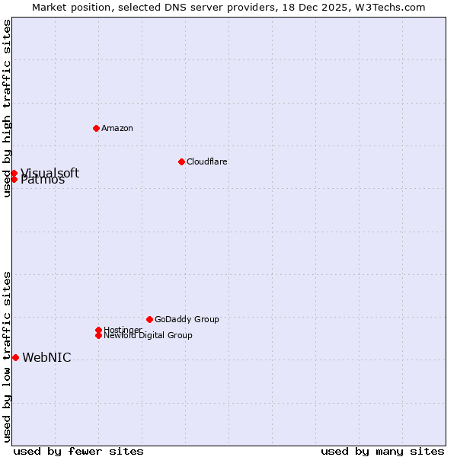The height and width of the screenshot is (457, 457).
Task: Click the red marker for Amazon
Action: (96, 128)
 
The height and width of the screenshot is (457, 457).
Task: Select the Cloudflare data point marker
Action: (181, 161)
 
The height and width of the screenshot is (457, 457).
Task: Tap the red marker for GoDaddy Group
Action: (149, 319)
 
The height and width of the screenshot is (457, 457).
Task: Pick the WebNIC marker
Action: (15, 357)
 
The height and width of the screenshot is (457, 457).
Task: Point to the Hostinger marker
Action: (98, 330)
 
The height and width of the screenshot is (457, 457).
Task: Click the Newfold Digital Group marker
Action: (98, 335)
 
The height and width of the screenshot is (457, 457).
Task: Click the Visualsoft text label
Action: (50, 173)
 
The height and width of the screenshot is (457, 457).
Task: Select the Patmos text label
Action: (43, 181)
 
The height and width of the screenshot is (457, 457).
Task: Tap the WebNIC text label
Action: (46, 358)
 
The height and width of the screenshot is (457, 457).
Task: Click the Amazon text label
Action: (117, 128)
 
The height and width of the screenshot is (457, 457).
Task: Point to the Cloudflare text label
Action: (206, 161)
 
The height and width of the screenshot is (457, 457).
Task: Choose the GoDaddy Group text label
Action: (187, 319)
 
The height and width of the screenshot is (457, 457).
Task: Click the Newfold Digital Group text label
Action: (148, 335)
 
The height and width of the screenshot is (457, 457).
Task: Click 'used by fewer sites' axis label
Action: (78, 451)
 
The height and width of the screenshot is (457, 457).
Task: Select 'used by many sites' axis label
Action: (382, 451)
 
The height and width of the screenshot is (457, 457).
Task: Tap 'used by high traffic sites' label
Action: (8, 109)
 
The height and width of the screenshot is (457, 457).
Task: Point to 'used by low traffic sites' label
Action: (8, 356)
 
